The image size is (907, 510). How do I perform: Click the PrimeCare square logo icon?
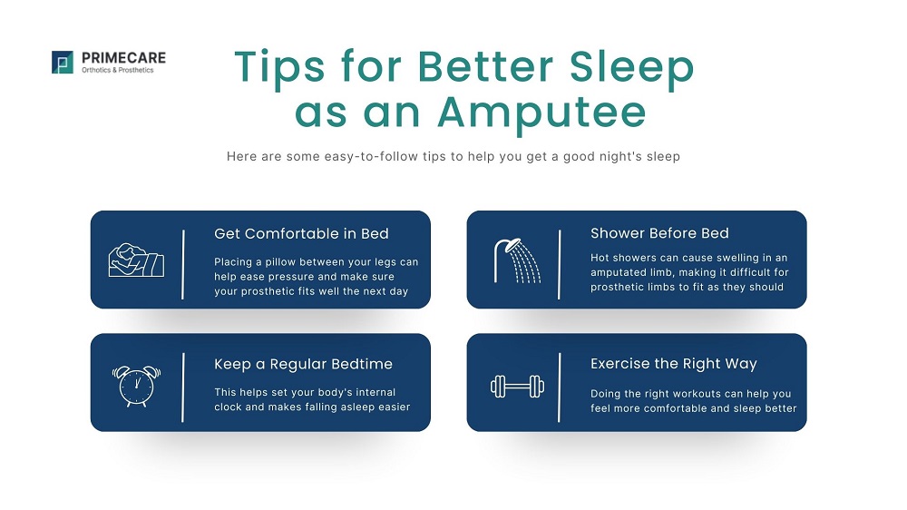tap(63, 62)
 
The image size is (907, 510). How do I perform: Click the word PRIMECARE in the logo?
tap(123, 58)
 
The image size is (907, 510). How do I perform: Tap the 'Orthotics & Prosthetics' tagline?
tap(118, 70)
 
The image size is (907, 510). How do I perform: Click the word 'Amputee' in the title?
tap(541, 112)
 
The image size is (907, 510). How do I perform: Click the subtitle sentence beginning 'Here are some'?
tap(453, 156)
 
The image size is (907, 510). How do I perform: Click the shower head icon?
tap(516, 260)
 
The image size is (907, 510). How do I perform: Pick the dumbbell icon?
tap(514, 387)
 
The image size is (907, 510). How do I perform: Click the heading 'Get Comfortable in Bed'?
tap(301, 233)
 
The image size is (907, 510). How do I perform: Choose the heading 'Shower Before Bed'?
tap(659, 233)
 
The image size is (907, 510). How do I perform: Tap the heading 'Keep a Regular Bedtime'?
tap(303, 364)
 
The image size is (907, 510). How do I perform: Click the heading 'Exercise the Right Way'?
tap(673, 364)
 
